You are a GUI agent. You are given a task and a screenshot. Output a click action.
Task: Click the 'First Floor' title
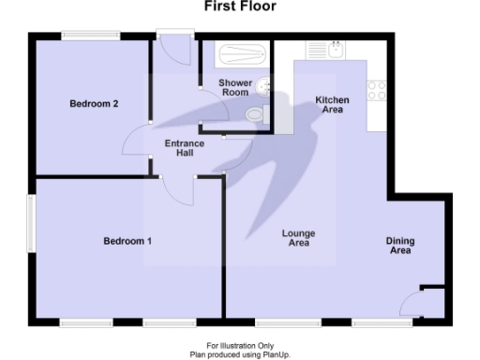239,7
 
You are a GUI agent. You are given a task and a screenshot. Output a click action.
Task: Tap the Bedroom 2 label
94,104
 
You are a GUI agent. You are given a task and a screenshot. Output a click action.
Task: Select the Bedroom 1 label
127,241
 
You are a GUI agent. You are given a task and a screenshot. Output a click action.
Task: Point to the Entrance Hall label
185,148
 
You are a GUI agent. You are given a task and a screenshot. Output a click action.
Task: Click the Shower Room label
234,88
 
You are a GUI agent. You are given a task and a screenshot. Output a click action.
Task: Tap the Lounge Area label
298,238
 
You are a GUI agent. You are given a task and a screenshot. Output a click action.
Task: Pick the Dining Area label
400,247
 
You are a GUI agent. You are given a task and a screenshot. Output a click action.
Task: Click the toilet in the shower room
254,115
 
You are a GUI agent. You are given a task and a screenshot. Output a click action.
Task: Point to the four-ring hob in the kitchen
377,90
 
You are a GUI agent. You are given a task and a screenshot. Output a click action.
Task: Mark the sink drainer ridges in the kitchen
317,51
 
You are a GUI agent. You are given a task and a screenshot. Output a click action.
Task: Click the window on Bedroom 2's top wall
91,37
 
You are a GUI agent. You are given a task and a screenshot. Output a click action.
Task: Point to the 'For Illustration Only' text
239,346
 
